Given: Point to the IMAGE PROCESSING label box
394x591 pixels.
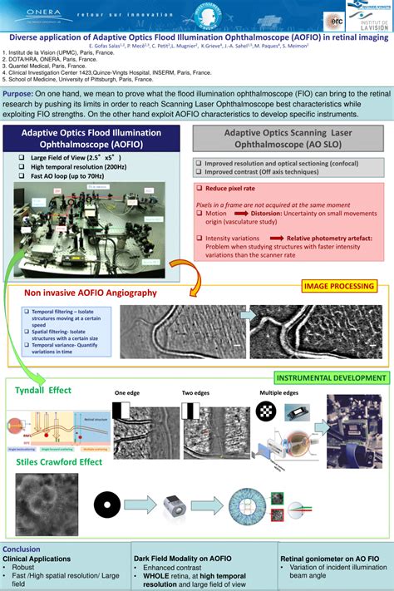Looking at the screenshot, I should pos(337,287).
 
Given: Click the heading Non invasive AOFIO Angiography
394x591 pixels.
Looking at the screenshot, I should pos(90,293).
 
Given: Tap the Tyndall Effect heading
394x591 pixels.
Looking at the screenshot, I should pos(43,390).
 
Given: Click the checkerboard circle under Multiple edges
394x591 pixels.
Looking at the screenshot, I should pos(266,408).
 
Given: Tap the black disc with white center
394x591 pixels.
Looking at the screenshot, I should pos(107,502).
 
